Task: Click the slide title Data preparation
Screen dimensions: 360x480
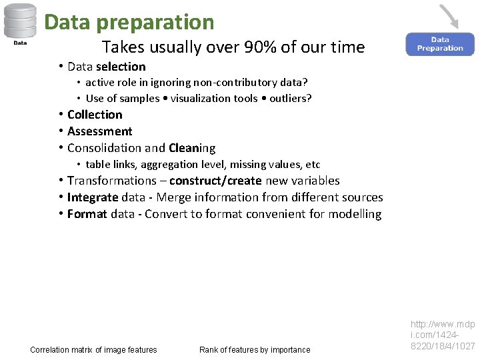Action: [x=129, y=22]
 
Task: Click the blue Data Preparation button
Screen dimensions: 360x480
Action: [x=440, y=44]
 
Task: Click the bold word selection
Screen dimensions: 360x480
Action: [x=121, y=67]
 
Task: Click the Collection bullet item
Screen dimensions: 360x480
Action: [x=95, y=115]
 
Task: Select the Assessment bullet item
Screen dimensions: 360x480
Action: [x=99, y=131]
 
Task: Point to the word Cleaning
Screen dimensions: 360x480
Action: [x=192, y=148]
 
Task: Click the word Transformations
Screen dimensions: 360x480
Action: [x=111, y=181]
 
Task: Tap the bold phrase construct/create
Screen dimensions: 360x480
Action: [x=215, y=181]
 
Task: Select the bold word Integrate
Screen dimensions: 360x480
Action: [x=93, y=197]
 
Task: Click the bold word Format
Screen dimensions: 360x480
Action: [x=87, y=214]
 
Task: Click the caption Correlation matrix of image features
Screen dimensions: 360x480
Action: [x=93, y=350]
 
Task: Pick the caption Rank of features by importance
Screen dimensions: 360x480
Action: [x=255, y=350]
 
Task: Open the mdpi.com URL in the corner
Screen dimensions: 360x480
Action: [x=443, y=335]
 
